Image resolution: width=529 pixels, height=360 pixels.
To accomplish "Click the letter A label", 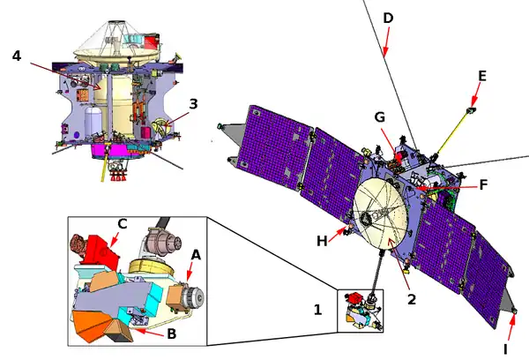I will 196,255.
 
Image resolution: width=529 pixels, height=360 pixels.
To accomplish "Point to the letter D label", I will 388,18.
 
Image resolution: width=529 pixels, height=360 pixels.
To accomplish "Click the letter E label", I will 481,77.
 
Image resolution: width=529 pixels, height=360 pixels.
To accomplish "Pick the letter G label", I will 381,117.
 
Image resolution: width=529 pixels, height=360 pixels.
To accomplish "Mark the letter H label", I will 323,239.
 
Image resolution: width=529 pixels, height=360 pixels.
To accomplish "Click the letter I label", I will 505,349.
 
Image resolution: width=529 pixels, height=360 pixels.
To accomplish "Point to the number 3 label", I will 193,103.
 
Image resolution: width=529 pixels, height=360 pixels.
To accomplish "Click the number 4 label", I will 16,56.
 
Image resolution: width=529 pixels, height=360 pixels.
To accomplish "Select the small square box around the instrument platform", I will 361,310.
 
